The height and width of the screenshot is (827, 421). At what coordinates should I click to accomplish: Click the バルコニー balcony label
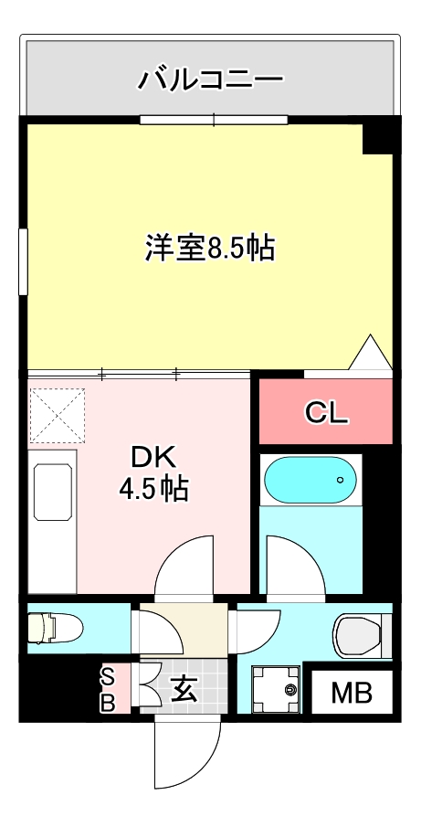(x=210, y=80)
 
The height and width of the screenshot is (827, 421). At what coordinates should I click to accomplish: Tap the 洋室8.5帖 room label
(x=210, y=248)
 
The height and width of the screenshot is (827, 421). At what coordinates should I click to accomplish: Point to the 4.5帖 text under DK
(x=153, y=490)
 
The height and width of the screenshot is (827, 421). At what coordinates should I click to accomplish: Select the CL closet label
(x=326, y=414)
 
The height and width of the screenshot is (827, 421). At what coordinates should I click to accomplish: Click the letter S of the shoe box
(x=107, y=677)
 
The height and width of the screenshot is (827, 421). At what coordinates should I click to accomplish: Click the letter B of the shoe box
(x=107, y=703)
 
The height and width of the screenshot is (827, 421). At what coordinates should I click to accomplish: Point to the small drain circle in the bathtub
(x=340, y=478)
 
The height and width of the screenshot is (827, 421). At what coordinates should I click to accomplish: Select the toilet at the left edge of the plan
(x=55, y=629)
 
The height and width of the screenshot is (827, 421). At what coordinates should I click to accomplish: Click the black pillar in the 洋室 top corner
(x=377, y=137)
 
